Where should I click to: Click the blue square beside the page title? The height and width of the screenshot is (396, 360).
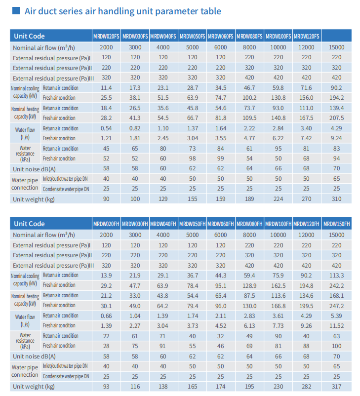(x=16, y=10)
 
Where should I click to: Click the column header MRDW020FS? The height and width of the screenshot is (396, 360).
(x=106, y=37)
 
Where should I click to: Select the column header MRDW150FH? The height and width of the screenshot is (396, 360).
(x=336, y=224)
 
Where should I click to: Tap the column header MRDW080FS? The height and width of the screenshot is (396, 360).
(x=249, y=37)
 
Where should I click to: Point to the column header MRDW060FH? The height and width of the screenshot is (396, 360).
(x=221, y=224)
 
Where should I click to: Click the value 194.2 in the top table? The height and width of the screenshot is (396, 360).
(x=336, y=98)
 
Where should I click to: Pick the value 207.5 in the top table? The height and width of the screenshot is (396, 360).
(x=336, y=118)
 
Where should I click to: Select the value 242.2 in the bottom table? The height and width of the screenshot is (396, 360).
(x=336, y=285)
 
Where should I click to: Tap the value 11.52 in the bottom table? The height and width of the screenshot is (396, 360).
(x=336, y=326)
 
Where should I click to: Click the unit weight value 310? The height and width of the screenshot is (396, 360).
(x=336, y=199)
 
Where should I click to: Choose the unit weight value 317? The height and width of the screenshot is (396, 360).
(x=336, y=387)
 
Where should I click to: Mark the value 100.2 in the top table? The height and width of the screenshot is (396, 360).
(x=249, y=98)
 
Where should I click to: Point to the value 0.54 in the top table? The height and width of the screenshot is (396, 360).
(x=106, y=128)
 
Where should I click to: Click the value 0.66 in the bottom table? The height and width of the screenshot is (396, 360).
(x=106, y=316)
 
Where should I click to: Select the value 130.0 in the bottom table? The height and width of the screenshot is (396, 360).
(x=249, y=306)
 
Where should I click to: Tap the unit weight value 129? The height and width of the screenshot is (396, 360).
(x=163, y=199)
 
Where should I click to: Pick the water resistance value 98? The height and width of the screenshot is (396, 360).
(x=193, y=158)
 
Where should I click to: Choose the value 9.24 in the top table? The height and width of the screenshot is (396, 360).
(x=336, y=138)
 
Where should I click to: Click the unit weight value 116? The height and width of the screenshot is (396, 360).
(x=135, y=387)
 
